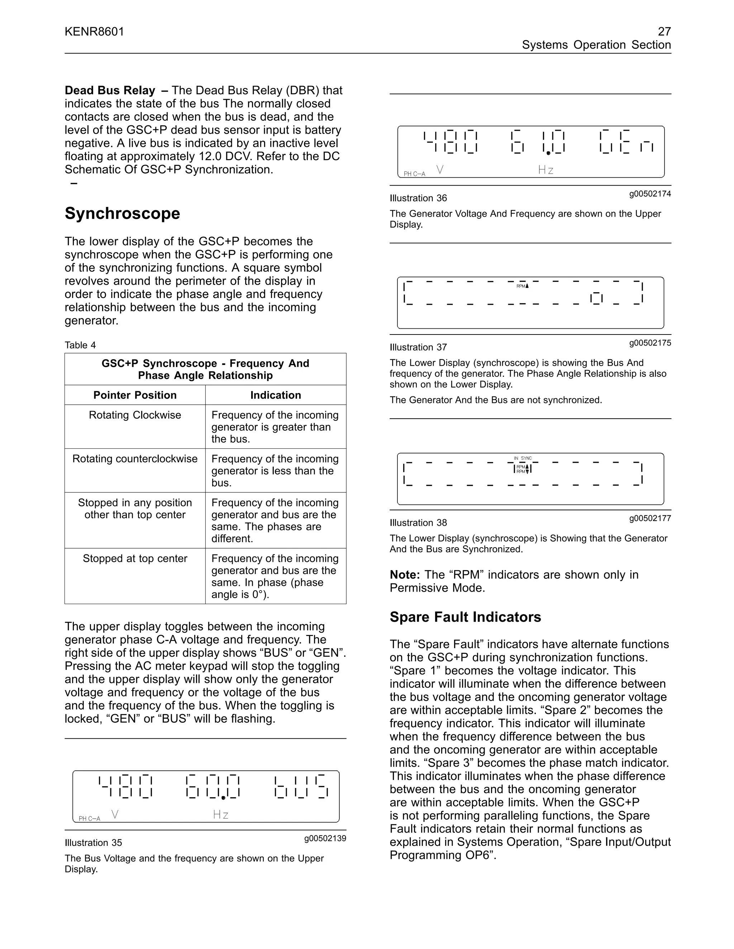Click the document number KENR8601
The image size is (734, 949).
[94, 32]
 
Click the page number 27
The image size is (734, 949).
[664, 32]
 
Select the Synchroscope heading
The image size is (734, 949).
[122, 213]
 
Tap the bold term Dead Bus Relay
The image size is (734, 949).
[110, 90]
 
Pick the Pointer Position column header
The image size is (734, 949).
[135, 395]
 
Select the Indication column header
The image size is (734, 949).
[275, 395]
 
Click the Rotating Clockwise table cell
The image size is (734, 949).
[135, 415]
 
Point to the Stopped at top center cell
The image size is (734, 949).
[135, 558]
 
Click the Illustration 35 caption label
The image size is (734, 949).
[93, 843]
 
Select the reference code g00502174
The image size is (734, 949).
[650, 194]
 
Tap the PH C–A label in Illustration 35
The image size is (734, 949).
[90, 819]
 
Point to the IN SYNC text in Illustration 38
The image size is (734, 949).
[523, 458]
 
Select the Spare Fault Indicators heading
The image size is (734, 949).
[465, 617]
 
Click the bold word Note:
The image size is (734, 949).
[404, 575]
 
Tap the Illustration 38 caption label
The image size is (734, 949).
[418, 523]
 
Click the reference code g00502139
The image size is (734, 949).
[325, 838]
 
